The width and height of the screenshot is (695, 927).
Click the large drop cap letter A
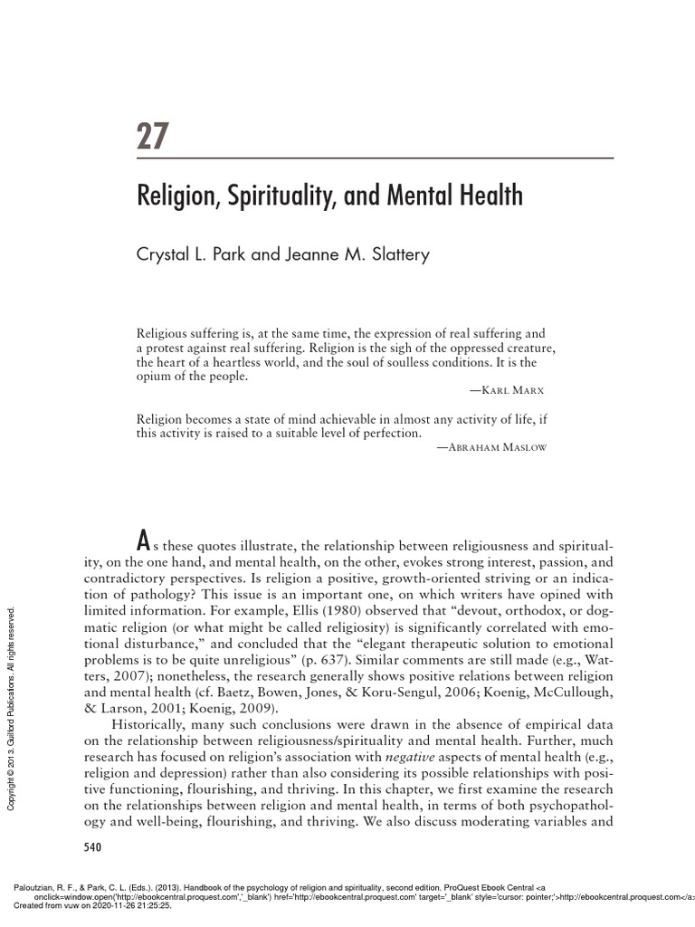142,542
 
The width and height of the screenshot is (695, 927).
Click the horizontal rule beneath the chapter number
375,159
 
